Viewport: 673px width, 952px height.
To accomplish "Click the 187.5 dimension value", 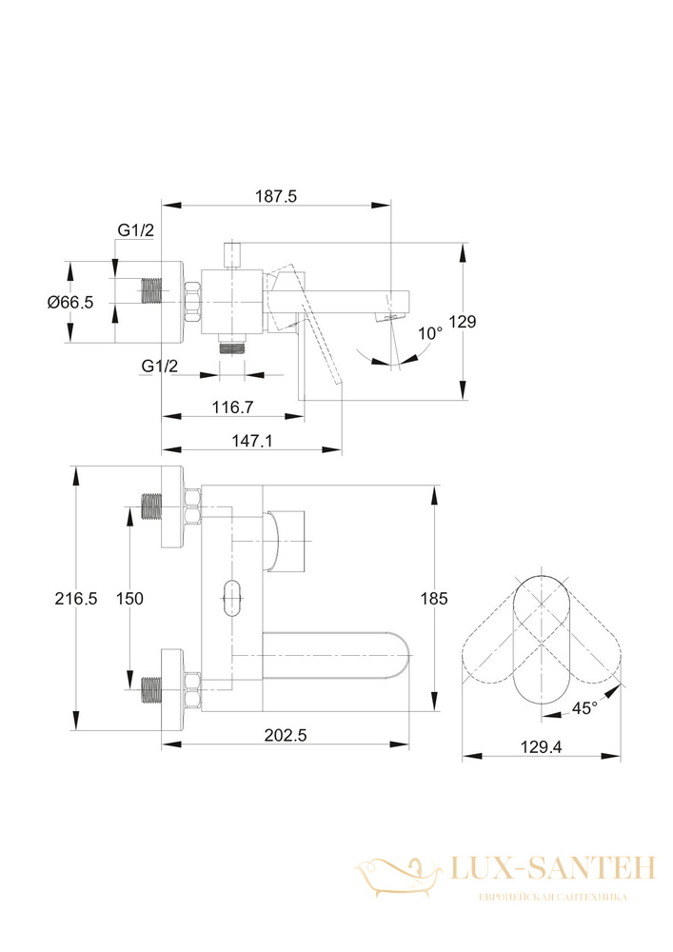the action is (275, 197).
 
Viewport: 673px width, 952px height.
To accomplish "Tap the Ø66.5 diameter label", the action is (71, 302).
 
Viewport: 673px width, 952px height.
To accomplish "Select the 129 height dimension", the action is (463, 322).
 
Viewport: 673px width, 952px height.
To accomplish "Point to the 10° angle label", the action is (430, 333).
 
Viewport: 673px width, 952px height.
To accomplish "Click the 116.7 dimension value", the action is (232, 407).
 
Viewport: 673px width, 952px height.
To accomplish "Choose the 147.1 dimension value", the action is (252, 441).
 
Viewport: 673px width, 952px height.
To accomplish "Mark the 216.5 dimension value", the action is (76, 599).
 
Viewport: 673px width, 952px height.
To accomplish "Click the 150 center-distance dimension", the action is (129, 599).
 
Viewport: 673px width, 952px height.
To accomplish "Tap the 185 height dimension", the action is (434, 599).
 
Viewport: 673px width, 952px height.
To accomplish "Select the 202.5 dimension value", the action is (286, 735).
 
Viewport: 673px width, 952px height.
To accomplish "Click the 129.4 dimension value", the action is (541, 746).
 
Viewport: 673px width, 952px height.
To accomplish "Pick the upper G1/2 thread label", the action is (136, 230).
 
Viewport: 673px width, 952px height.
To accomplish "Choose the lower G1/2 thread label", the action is (160, 367).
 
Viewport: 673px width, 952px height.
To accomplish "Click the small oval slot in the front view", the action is (232, 599).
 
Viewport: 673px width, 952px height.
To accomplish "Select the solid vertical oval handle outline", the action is (541, 646).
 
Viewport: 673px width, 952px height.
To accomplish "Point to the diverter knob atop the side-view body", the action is (232, 255).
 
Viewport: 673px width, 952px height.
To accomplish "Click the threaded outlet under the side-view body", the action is (232, 346).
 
